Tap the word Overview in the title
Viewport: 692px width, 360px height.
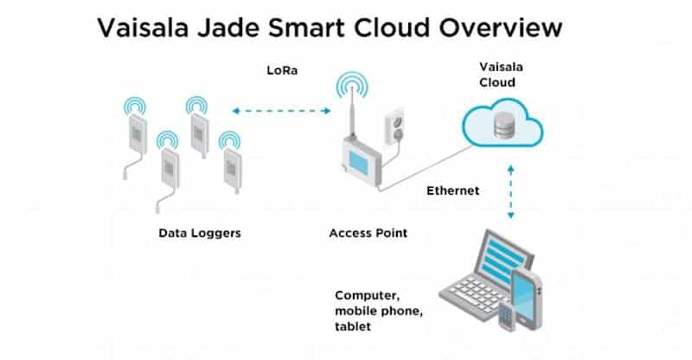(501, 29)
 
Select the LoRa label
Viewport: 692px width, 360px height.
(282, 71)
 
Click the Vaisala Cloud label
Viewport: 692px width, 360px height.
(501, 74)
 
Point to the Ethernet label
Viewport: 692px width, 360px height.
(452, 191)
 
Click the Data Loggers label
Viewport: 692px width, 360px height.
(200, 234)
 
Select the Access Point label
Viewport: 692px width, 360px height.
(368, 234)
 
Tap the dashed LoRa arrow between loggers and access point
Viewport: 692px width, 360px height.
(282, 111)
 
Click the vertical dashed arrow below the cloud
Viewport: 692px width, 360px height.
(510, 192)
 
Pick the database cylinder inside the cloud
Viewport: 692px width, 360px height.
(503, 125)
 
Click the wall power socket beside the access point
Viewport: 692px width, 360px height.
(394, 125)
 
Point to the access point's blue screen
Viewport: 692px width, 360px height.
(358, 163)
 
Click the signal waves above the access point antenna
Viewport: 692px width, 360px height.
(352, 85)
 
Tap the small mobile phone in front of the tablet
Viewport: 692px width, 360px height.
(507, 316)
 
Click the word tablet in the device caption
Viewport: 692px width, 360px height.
(353, 327)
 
